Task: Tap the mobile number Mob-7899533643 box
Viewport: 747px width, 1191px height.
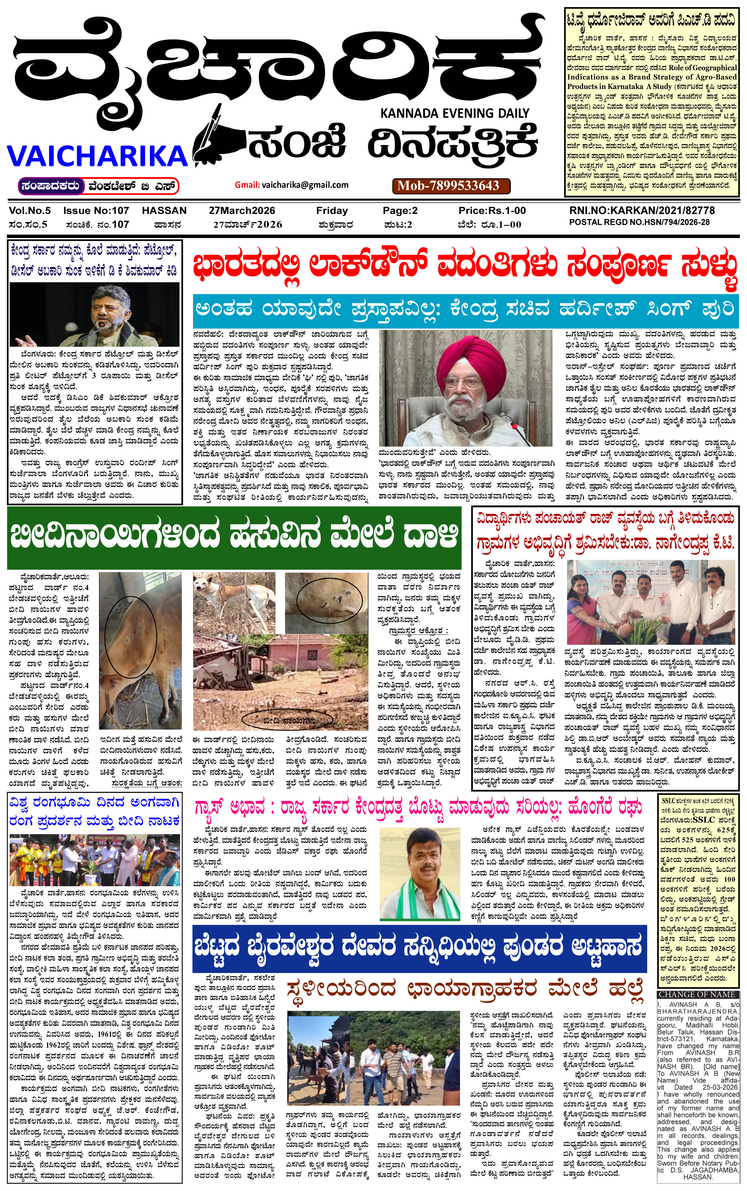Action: coord(448,186)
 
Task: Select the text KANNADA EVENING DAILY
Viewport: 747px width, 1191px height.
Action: coord(454,113)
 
